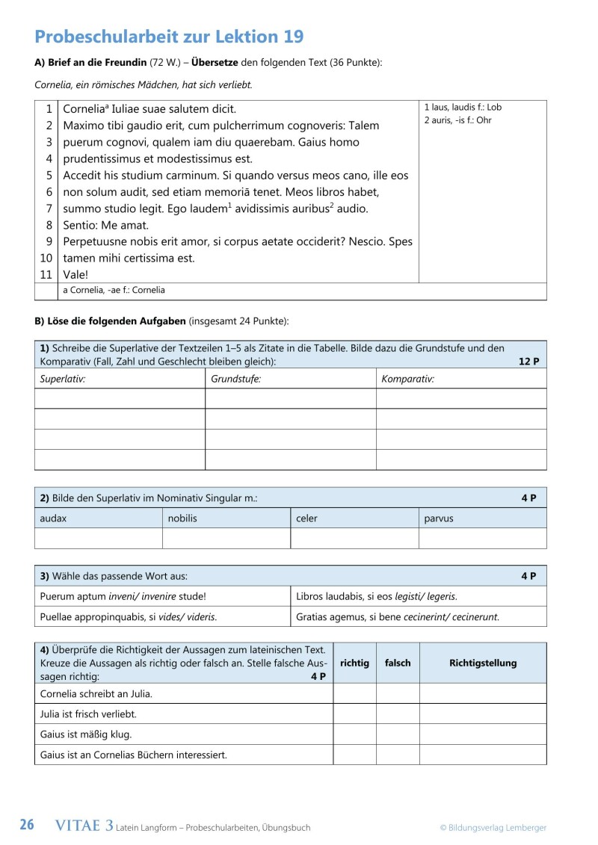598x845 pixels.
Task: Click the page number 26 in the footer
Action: [x=27, y=826]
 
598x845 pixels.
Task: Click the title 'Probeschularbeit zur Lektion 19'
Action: [x=169, y=37]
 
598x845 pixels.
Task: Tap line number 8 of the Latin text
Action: [x=49, y=224]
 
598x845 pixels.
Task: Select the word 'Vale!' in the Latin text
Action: [x=76, y=274]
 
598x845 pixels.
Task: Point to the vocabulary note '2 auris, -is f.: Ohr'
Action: [x=457, y=120]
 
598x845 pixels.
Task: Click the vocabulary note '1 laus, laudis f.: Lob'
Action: [x=462, y=107]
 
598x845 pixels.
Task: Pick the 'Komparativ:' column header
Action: [x=407, y=379]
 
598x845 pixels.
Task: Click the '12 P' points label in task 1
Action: [x=528, y=362]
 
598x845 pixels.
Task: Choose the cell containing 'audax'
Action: [x=98, y=518]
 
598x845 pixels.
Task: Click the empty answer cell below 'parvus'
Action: [x=482, y=538]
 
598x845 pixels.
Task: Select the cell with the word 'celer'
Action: [x=354, y=518]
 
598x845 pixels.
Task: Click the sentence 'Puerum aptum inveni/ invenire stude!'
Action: [x=123, y=596]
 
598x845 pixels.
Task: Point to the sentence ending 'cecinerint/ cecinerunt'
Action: [x=397, y=616]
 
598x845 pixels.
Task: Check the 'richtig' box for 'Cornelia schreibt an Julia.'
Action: [x=354, y=693]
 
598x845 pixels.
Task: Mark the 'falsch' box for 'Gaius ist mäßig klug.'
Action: [x=397, y=734]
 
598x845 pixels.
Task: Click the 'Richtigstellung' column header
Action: [x=482, y=663]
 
